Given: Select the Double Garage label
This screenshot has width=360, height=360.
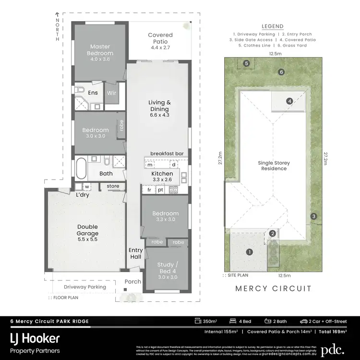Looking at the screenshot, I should [87, 232].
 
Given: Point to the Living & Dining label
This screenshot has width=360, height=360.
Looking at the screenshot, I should [159, 108].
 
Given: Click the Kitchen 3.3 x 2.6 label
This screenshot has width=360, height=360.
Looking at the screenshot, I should [162, 176].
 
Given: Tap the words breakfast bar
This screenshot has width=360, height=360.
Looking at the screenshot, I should [167, 153].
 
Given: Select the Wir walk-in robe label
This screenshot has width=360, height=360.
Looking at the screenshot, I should [111, 93].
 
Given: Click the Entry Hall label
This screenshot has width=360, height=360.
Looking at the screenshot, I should [135, 253].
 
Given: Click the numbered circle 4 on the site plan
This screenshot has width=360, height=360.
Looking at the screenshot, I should [289, 101].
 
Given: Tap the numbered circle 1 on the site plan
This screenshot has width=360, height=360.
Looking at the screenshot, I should [249, 252].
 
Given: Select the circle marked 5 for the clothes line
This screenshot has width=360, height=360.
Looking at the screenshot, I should [246, 63].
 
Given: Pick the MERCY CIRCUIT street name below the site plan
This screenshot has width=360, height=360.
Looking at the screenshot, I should [273, 288].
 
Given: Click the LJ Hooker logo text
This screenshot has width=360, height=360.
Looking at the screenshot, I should [35, 338].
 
